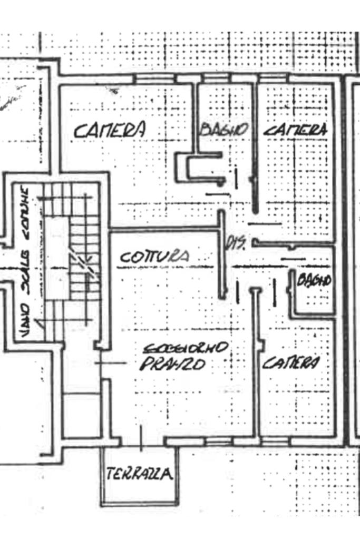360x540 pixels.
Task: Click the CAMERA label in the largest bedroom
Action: coord(109,130)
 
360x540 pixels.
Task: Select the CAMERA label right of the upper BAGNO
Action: coord(295,129)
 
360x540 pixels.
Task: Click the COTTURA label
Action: coord(154,257)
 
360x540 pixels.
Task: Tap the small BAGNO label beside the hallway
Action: coord(314,280)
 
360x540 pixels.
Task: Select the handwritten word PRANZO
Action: coord(172,365)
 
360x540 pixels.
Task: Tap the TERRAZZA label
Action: coord(139,474)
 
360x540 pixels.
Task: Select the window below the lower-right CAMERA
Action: coord(275,440)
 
